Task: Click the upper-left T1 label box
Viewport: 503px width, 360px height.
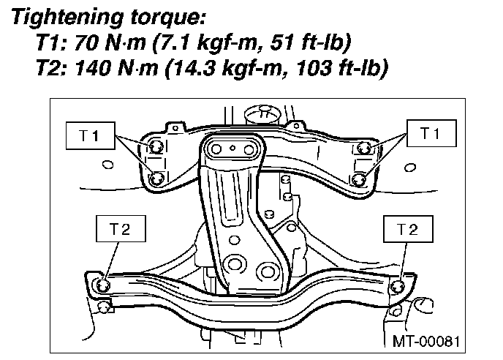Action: tap(91, 135)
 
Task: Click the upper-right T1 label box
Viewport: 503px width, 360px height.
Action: tap(431, 133)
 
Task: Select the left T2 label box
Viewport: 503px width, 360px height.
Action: tap(121, 228)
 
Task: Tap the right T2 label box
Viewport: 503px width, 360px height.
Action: tap(408, 229)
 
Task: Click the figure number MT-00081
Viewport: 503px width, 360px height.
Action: tap(426, 342)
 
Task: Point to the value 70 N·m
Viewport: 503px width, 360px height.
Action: tap(110, 42)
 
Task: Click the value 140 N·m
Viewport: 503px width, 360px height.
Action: tap(116, 68)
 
